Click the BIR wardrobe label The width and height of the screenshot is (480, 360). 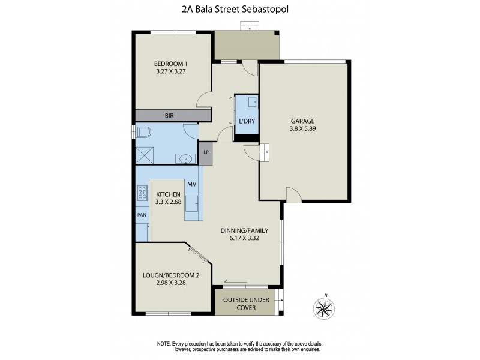click(x=170, y=115)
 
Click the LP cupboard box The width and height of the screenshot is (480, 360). click(x=206, y=152)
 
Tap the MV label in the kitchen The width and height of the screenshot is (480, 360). click(x=192, y=184)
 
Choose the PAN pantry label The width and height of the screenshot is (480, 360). click(x=142, y=214)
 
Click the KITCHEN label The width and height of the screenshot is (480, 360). click(x=169, y=194)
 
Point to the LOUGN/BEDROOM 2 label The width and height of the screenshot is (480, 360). click(x=172, y=276)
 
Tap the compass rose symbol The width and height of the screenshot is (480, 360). click(x=324, y=308)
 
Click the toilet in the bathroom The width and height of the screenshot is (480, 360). click(x=143, y=131)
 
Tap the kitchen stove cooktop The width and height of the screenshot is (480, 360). click(x=143, y=193)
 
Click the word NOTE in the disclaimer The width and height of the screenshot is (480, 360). click(x=164, y=343)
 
